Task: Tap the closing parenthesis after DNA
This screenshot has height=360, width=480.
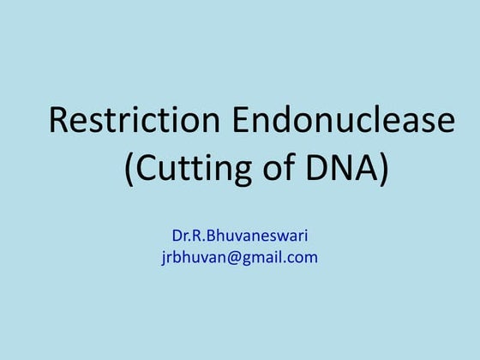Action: [x=382, y=170]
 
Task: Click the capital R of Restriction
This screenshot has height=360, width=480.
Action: [x=59, y=121]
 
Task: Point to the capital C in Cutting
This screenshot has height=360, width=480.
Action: [x=151, y=169]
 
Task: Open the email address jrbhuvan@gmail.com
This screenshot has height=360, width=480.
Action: [x=239, y=256]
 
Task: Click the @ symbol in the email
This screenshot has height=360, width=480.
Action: [x=226, y=256]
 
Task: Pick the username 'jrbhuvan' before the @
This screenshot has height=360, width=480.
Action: [x=189, y=257]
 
